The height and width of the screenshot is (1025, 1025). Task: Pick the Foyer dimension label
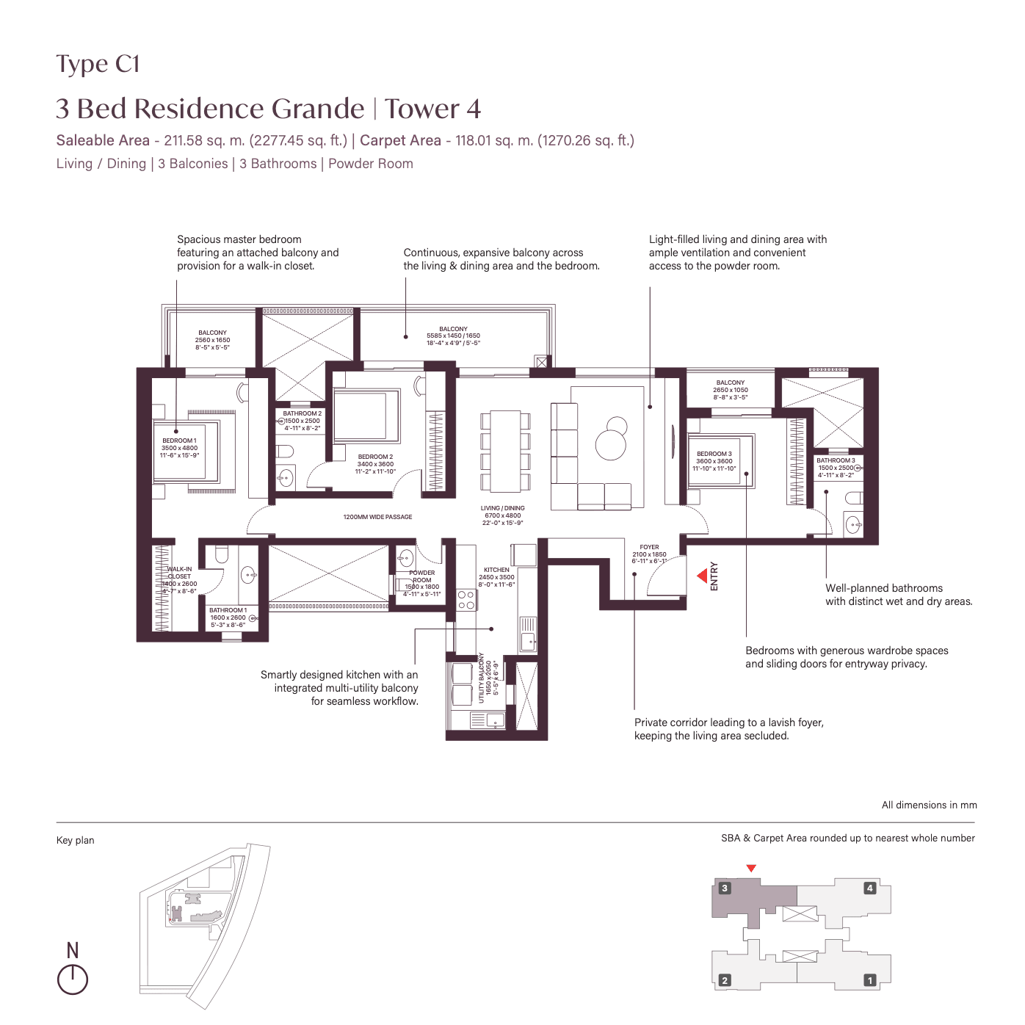coord(649,554)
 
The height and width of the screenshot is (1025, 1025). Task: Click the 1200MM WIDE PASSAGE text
coord(377,517)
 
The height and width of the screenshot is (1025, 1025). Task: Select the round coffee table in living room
coord(610,444)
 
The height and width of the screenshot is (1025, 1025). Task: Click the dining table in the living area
coord(505,451)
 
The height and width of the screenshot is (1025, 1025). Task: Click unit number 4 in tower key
coord(870,888)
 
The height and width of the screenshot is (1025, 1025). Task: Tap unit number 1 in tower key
coord(870,980)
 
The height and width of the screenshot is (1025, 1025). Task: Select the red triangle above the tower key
coord(751,869)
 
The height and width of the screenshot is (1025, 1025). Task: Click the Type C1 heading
coord(98,65)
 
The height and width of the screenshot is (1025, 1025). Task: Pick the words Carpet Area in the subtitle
coord(400,140)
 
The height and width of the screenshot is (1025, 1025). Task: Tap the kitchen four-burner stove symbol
coord(466,600)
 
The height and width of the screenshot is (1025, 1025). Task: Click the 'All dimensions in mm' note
coord(929,805)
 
